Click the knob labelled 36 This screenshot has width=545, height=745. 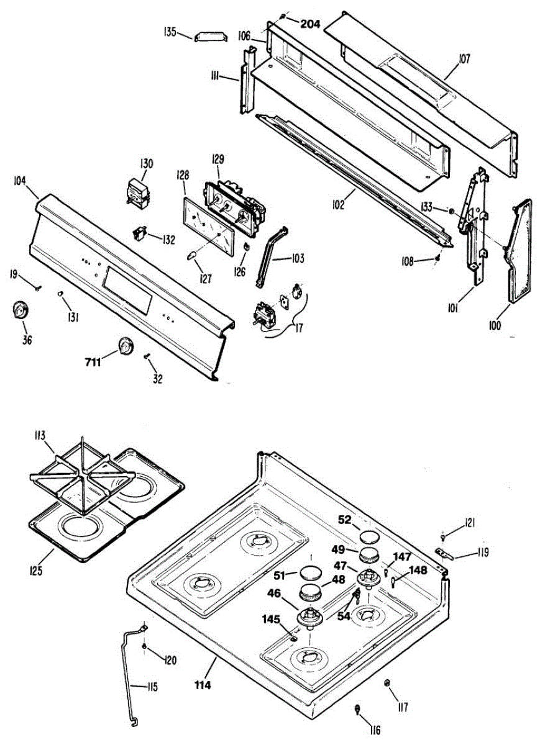21,310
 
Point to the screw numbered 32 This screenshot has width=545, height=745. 147,356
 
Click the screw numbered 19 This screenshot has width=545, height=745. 37,287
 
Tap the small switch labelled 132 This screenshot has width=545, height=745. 142,233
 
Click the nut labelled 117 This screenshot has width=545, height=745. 387,683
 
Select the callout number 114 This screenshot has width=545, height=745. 203,685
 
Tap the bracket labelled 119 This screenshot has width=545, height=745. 444,553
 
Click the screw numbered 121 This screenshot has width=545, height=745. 442,536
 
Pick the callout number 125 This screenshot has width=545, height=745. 36,570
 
